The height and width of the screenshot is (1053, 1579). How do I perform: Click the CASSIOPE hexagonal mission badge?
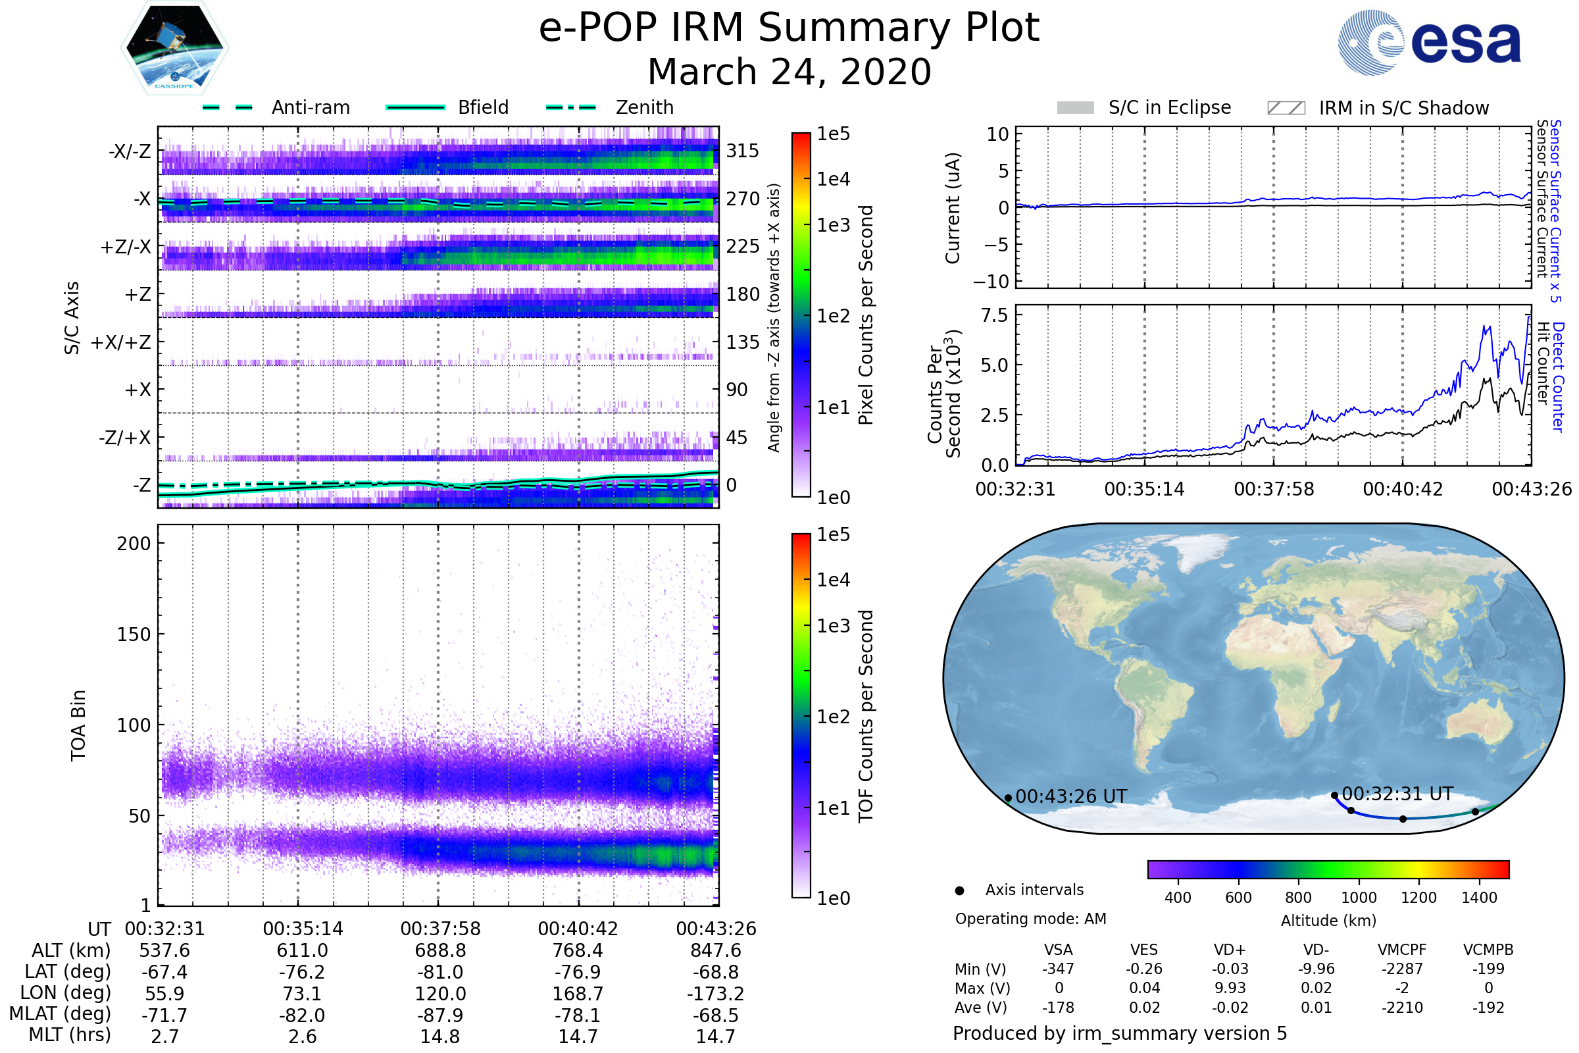coord(174,47)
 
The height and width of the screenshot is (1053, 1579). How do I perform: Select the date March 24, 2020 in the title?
coord(789,72)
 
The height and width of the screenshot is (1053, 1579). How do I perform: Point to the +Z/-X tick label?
coord(126,247)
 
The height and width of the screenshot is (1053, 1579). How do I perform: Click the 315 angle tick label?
coord(742,151)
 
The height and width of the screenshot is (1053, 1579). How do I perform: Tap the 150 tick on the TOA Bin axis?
coord(134,634)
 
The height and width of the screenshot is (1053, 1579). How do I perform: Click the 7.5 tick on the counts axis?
coord(994,315)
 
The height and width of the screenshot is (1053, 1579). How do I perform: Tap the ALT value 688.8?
coord(439,950)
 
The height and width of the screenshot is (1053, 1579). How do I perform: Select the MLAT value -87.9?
coord(439,1015)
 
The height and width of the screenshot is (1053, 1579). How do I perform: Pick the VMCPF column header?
coord(1402,950)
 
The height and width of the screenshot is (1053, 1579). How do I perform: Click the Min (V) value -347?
coord(1058,968)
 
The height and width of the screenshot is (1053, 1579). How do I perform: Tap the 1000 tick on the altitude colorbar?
coord(1358,897)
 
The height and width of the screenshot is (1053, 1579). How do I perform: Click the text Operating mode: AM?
coord(1030,918)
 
